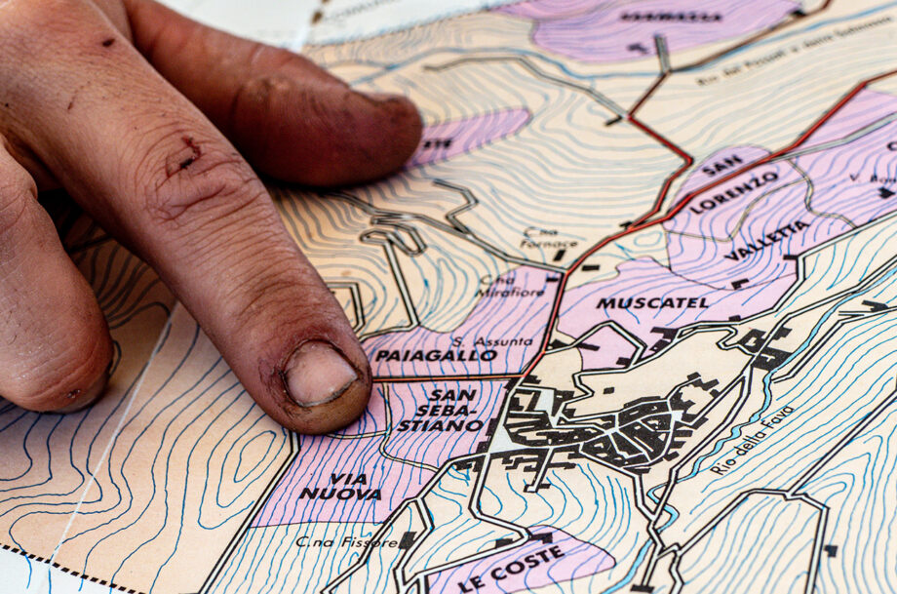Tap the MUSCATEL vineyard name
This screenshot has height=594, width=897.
tap(652, 303)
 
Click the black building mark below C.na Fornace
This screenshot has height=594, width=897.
tap(560, 256)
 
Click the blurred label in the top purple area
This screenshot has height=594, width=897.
tap(670, 17)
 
